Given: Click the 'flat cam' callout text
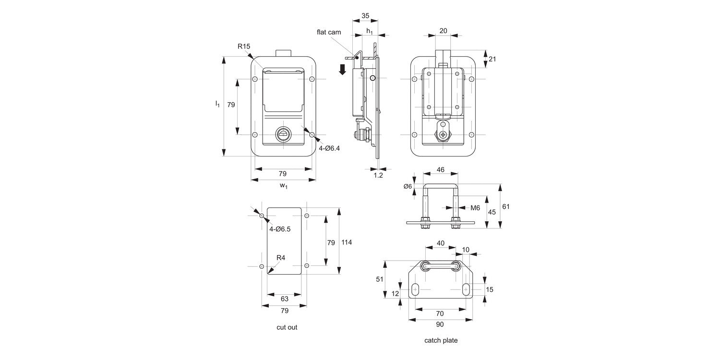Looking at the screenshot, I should (329, 32).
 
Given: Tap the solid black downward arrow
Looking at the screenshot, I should (342, 69).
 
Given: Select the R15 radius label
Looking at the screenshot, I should (244, 47).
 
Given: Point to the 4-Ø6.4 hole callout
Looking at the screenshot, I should (329, 149).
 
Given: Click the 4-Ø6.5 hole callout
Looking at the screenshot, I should (280, 229).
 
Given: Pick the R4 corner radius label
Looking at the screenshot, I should (281, 258).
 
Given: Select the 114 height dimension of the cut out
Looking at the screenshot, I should (347, 242).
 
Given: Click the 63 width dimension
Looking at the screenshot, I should (284, 299).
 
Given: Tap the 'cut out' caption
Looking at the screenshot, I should (287, 327).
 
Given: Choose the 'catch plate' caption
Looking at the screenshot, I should (441, 340).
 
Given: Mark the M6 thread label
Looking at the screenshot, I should (475, 208).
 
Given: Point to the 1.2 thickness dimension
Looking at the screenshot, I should (378, 176).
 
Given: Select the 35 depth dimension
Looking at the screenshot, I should (365, 16).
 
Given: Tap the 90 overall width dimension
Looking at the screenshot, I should (440, 325).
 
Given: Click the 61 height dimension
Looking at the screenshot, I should (506, 206).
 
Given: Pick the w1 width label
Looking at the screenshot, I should (283, 186).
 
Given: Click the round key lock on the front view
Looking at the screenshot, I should (283, 135).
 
